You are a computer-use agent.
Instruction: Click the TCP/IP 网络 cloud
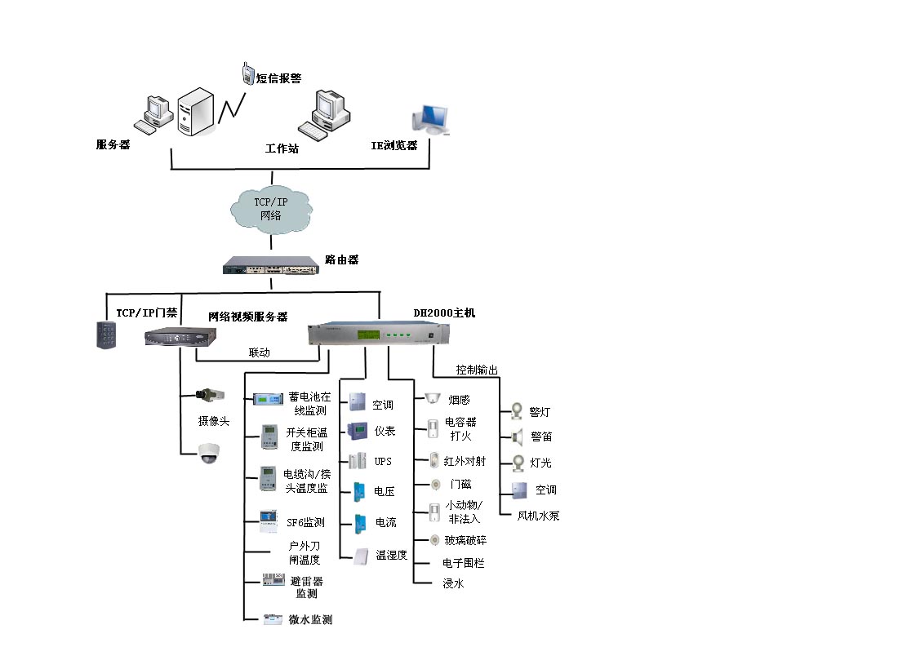(x=271, y=209)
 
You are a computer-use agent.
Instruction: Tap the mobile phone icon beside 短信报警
(x=248, y=73)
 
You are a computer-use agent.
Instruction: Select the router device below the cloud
(x=270, y=266)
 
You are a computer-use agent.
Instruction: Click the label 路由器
(x=342, y=259)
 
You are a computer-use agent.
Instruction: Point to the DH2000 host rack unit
(x=379, y=333)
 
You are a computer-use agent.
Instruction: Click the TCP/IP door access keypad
(x=106, y=335)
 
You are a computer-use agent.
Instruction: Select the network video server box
(x=180, y=336)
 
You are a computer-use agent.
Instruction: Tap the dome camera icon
(x=208, y=453)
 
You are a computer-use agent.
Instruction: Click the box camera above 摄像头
(x=210, y=395)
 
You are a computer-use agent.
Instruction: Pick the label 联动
(x=260, y=352)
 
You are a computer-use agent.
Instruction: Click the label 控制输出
(x=477, y=370)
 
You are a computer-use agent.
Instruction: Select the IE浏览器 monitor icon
(x=430, y=120)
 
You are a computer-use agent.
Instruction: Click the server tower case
(x=196, y=112)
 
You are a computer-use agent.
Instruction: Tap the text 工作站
(x=282, y=148)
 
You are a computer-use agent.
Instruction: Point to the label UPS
(x=383, y=461)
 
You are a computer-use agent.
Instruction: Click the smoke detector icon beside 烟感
(x=433, y=398)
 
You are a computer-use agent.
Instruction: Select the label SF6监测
(x=305, y=522)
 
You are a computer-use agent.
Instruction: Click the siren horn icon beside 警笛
(x=517, y=437)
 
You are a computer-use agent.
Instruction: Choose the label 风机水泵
(x=538, y=516)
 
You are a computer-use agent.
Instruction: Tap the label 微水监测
(x=310, y=619)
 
